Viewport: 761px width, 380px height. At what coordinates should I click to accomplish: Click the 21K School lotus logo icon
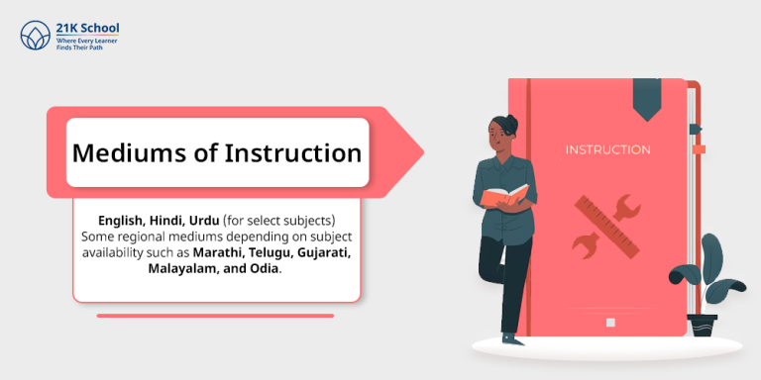tap(36, 36)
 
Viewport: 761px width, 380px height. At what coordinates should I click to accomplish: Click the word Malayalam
tap(188, 268)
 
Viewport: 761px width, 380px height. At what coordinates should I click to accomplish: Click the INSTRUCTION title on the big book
tap(607, 150)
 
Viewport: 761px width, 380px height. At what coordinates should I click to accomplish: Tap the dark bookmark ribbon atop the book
tap(647, 98)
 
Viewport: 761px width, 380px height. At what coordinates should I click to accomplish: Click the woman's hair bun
tap(511, 120)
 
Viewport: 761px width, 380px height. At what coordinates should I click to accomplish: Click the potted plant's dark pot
tap(704, 325)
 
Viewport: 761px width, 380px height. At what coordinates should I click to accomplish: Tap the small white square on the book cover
tap(610, 322)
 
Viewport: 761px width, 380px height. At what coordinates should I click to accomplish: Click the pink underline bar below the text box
tap(215, 316)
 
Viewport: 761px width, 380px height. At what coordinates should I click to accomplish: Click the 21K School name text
tap(88, 30)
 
